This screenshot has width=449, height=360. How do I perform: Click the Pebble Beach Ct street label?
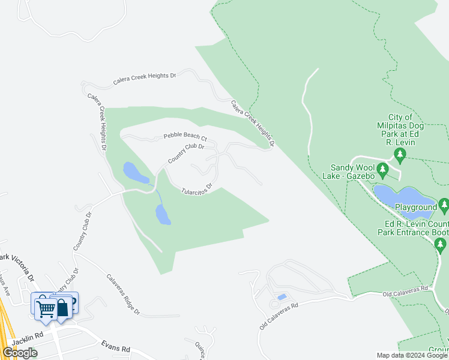[185, 137]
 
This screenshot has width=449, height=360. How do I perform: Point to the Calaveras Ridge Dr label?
[123, 295]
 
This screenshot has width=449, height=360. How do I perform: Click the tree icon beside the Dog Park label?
[400, 157]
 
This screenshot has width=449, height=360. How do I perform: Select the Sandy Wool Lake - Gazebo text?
[361, 172]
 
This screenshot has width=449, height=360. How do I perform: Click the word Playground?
[415, 208]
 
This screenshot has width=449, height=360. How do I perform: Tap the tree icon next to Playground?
[444, 206]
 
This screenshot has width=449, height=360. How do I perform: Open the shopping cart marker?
[46, 308]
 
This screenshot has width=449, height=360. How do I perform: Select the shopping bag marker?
[62, 307]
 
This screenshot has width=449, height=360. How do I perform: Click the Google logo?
[20, 353]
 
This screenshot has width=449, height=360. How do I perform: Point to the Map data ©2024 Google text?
[412, 355]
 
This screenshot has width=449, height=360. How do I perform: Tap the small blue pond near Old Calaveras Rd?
[282, 297]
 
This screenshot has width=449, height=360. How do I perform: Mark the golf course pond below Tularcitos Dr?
[163, 214]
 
